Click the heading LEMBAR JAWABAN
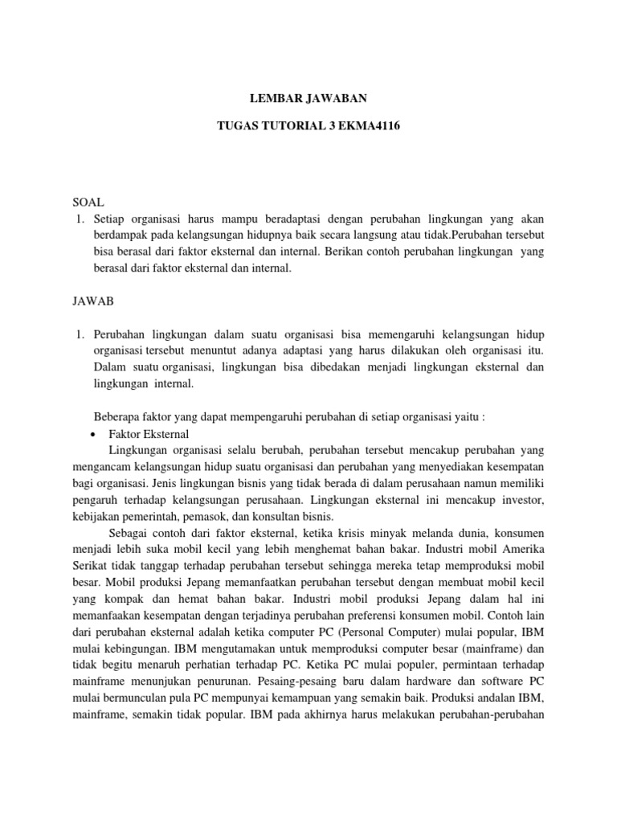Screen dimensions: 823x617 tap(308, 99)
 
